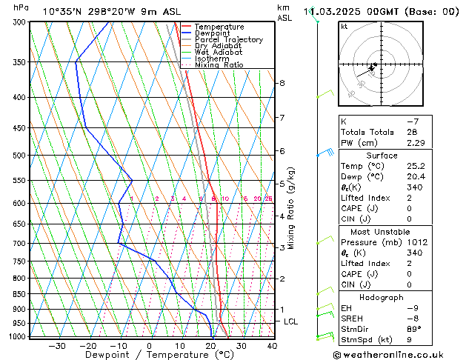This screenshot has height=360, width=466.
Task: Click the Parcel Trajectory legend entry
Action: point(228,39)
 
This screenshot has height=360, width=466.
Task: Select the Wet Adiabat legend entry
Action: point(219,52)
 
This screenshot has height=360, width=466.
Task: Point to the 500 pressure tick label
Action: point(20,156)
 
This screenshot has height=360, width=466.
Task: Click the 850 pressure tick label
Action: point(20,294)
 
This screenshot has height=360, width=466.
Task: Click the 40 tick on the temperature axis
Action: point(272,345)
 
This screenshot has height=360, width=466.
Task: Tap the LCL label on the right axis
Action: point(291,321)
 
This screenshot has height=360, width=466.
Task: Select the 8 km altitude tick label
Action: point(282,83)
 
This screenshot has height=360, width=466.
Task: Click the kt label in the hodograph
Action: point(344,27)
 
